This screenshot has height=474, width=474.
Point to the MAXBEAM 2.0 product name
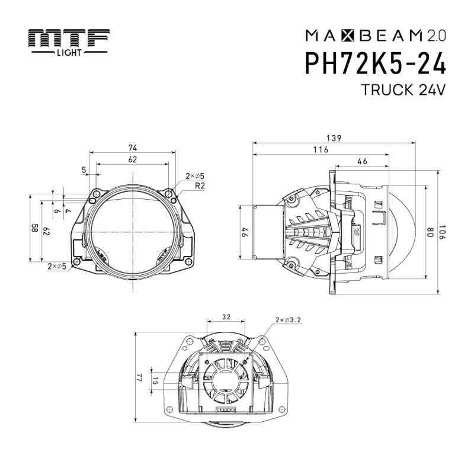pos(376,36)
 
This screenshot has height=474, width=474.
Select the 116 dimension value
pos(321,150)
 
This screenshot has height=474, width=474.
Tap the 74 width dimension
pos(133,148)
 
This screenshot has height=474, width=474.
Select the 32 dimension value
pos(226,317)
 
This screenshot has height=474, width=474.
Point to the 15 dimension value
pos(155,380)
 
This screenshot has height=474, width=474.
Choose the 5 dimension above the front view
pos(84,170)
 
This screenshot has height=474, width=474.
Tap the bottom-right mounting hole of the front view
pos(188,262)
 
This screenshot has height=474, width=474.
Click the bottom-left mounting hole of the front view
pos(76,262)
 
